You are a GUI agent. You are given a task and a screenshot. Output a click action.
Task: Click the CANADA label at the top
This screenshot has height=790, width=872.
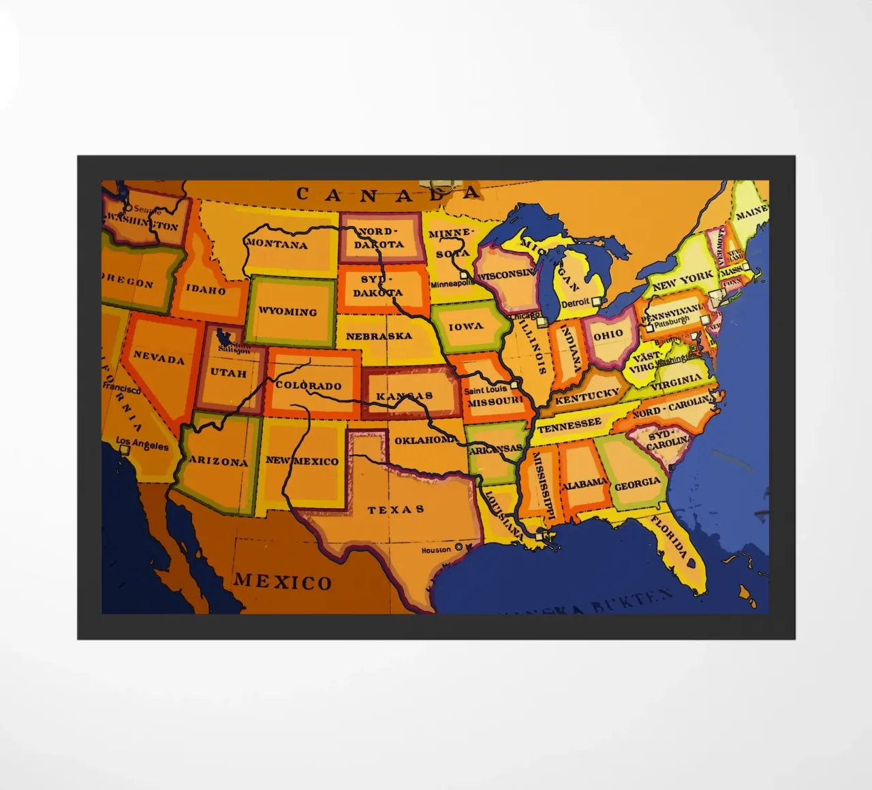pyautogui.click(x=388, y=194)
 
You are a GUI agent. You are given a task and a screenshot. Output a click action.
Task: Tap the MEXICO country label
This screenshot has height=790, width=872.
pyautogui.click(x=283, y=582)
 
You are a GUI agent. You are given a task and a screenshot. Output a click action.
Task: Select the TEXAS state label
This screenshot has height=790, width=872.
pyautogui.click(x=396, y=509)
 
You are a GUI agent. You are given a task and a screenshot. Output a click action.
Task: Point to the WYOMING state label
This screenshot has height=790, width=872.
pyautogui.click(x=287, y=312)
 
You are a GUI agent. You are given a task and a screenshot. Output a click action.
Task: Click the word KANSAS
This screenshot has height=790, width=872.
pyautogui.click(x=405, y=396)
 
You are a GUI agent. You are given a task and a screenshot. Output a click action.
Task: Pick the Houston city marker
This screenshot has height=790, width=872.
pyautogui.click(x=458, y=547)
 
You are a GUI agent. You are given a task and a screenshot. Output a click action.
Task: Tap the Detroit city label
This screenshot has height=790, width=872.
pyautogui.click(x=574, y=303)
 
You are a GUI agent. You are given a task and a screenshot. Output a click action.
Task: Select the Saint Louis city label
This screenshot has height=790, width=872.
pyautogui.click(x=485, y=390)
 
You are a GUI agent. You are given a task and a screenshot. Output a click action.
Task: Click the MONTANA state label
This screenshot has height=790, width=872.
pyautogui.click(x=277, y=244)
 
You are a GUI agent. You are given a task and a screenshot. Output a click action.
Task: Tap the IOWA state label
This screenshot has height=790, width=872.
pyautogui.click(x=466, y=326)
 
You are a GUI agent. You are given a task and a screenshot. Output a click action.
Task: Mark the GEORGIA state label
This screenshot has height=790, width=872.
pyautogui.click(x=638, y=484)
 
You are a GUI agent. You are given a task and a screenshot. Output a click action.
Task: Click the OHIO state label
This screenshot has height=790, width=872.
pyautogui.click(x=608, y=334)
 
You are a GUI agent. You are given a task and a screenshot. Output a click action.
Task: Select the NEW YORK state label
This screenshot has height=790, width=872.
pyautogui.click(x=683, y=281)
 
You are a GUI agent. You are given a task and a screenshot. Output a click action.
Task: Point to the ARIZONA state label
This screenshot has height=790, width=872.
pyautogui.click(x=219, y=461)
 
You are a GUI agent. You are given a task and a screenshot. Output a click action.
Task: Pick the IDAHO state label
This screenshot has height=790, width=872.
pyautogui.click(x=206, y=290)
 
